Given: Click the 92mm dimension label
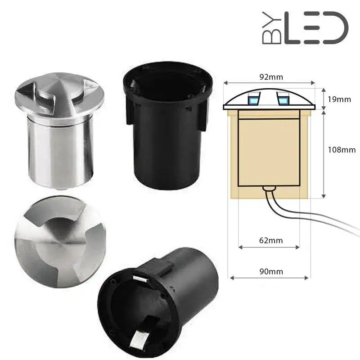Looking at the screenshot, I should (269, 76).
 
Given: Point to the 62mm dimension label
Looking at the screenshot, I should (268, 240).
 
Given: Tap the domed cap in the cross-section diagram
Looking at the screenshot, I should (269, 97).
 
